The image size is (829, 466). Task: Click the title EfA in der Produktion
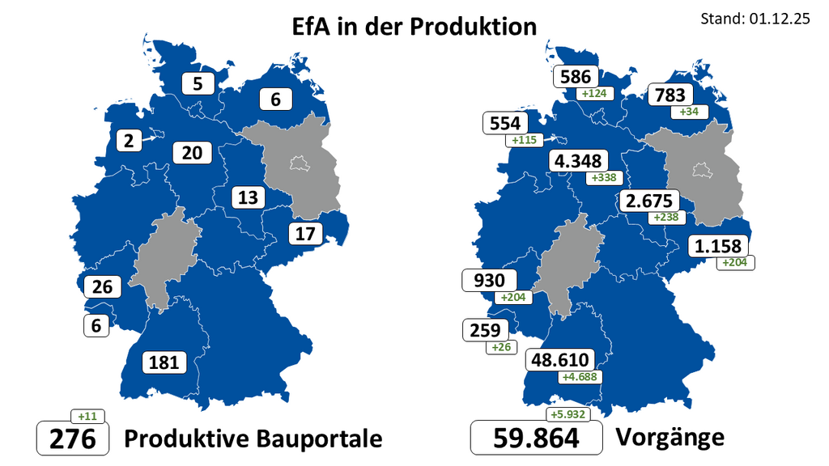click(414, 27)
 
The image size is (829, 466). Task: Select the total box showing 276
click(73, 438)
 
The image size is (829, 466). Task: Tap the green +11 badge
click(87, 417)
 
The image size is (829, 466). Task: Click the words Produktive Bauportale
click(253, 438)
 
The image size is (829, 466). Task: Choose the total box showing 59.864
click(537, 438)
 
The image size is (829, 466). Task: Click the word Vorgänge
click(670, 437)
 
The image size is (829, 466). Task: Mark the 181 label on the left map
click(164, 362)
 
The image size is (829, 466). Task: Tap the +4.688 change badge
click(580, 377)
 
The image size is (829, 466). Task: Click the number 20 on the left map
click(191, 152)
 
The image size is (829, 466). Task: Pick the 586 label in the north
click(576, 77)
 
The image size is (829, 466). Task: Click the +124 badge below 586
click(595, 94)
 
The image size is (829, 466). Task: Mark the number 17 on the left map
click(304, 235)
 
